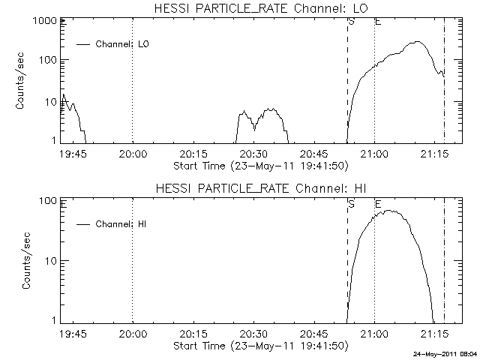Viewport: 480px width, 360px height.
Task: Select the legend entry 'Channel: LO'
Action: coord(124,44)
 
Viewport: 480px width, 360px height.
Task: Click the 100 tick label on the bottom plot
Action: coord(48,201)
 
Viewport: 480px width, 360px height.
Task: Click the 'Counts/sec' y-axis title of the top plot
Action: coord(22,81)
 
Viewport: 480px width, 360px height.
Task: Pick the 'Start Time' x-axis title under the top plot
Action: coord(259,165)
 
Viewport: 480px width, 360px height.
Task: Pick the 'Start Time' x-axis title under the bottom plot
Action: coord(259,345)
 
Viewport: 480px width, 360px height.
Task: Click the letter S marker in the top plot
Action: coord(351,22)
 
